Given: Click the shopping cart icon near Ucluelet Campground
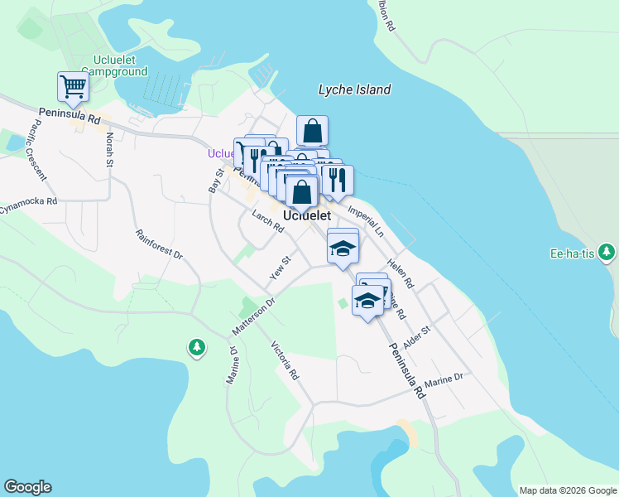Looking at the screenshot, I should pyautogui.click(x=73, y=86).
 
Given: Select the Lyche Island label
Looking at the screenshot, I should pyautogui.click(x=355, y=89).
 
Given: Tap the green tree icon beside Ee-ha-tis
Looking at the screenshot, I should pyautogui.click(x=607, y=251).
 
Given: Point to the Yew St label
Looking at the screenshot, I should pyautogui.click(x=281, y=268).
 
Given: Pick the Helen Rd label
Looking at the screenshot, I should pyautogui.click(x=403, y=273).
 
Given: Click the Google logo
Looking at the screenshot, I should pyautogui.click(x=27, y=487).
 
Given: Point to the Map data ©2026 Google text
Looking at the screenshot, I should pyautogui.click(x=568, y=490).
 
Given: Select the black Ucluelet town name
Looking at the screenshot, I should pyautogui.click(x=307, y=215).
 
